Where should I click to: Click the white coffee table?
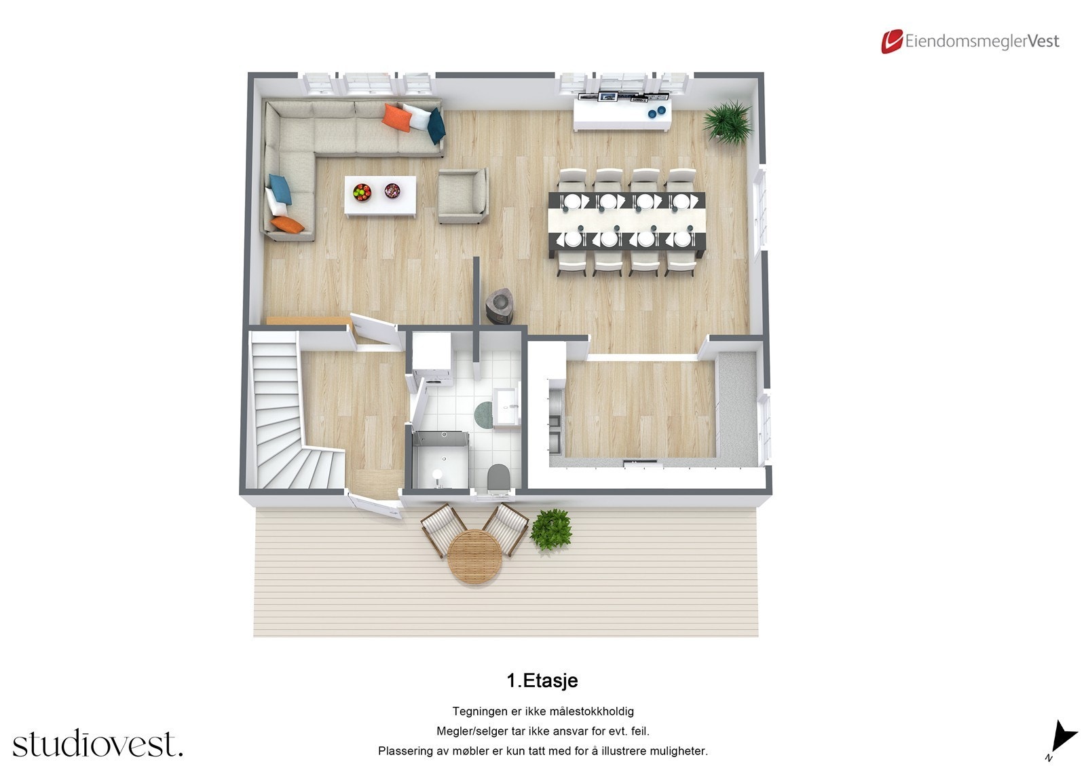pyautogui.click(x=380, y=196)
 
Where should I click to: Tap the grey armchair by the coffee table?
pyautogui.click(x=462, y=196)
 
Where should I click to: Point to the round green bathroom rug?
pyautogui.click(x=485, y=414)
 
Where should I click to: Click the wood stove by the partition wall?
pyautogui.click(x=501, y=306)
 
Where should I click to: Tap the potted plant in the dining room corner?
pyautogui.click(x=728, y=122)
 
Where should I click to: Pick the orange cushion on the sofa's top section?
pyautogui.click(x=397, y=117)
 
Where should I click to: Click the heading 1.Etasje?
pyautogui.click(x=542, y=680)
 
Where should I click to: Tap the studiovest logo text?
pyautogui.click(x=98, y=744)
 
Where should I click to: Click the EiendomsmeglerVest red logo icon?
pyautogui.click(x=891, y=41)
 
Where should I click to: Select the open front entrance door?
pyautogui.click(x=373, y=506)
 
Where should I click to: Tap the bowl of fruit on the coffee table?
pyautogui.click(x=362, y=191)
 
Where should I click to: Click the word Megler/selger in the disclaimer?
pyautogui.click(x=466, y=731)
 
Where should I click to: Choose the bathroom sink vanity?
pyautogui.click(x=506, y=406)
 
